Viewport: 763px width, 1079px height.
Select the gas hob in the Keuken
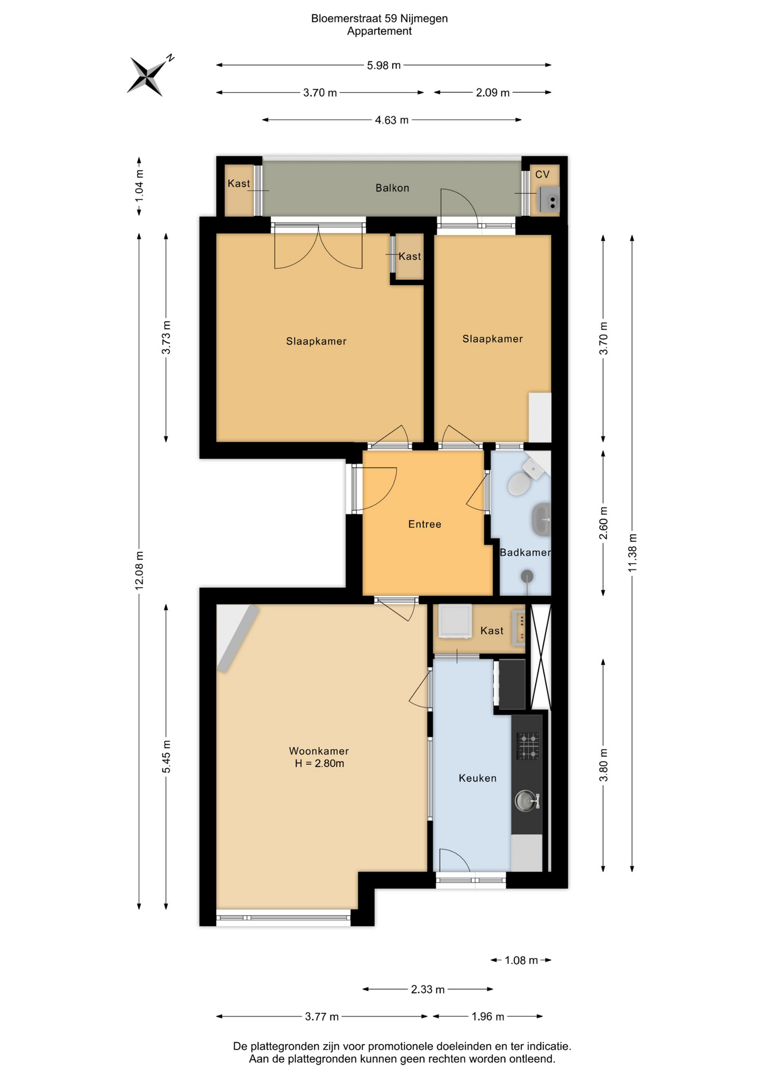(x=528, y=746)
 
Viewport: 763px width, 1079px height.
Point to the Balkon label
(x=392, y=188)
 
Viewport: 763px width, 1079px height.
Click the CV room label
(x=542, y=174)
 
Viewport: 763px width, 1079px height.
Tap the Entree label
(x=425, y=524)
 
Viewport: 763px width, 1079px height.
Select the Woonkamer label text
(x=319, y=750)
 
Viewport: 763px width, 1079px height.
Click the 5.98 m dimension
(x=384, y=65)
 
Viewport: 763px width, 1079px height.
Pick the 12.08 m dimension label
(x=139, y=570)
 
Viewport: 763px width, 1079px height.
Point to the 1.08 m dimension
(x=521, y=960)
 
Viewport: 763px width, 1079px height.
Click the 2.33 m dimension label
(x=428, y=989)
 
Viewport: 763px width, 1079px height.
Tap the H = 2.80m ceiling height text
(x=319, y=763)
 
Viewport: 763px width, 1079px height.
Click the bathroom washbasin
(x=541, y=519)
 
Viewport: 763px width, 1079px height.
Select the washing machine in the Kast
(x=455, y=622)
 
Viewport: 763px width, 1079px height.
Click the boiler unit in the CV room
(x=549, y=200)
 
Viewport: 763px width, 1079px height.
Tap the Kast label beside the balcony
(x=239, y=183)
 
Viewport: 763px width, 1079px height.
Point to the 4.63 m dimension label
(x=392, y=120)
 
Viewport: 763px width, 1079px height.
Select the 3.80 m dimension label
(x=603, y=765)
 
